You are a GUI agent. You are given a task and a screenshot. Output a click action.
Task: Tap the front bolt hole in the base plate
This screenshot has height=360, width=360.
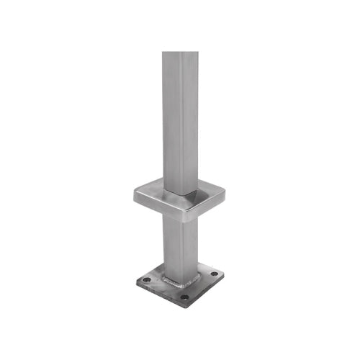[184, 297]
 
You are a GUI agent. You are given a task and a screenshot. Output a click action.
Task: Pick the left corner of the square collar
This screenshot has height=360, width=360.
[135, 192]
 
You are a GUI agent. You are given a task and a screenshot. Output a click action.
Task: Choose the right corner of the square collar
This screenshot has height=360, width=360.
[224, 191]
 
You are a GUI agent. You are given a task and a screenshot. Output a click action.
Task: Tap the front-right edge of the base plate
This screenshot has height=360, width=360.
[205, 290]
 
